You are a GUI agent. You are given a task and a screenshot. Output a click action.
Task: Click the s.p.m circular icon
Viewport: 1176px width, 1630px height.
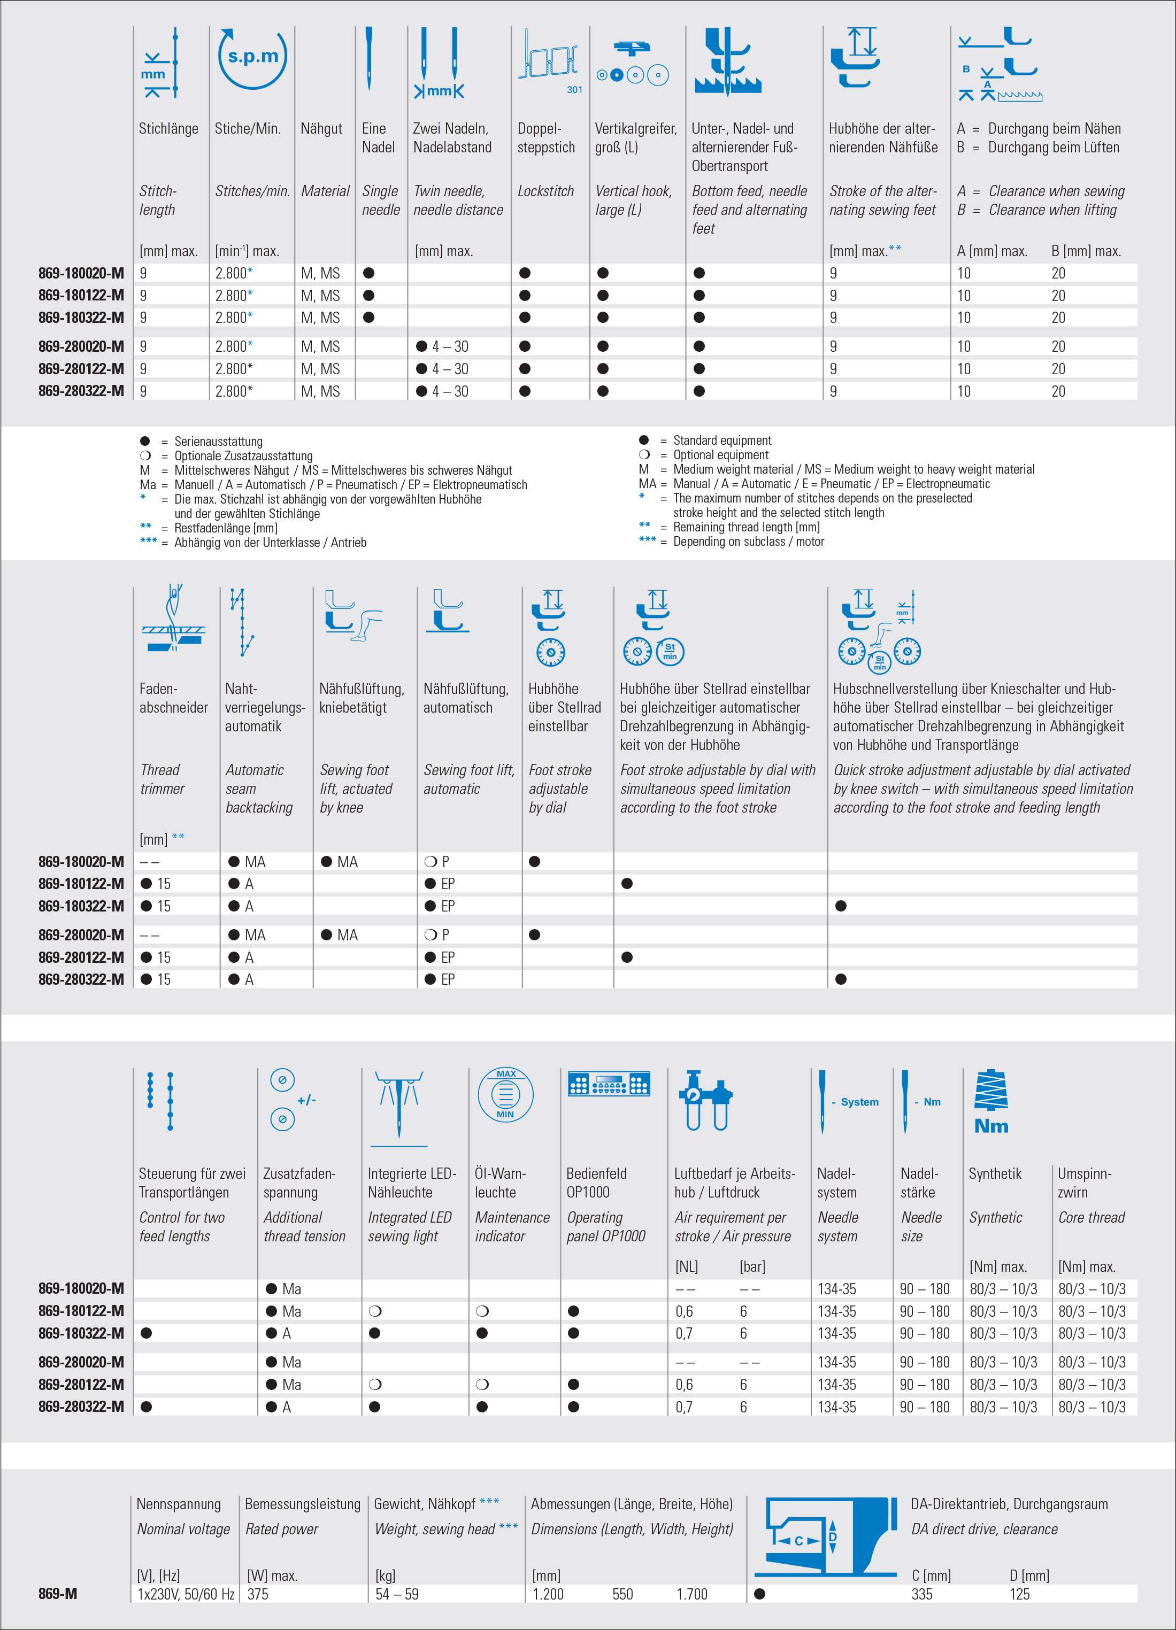point(252,58)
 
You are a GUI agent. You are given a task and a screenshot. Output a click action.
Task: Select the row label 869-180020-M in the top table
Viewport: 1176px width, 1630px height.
point(81,273)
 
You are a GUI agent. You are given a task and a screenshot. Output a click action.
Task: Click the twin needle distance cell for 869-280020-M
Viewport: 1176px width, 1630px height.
point(443,346)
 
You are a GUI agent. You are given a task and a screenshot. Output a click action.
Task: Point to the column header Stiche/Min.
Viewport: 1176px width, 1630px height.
point(247,129)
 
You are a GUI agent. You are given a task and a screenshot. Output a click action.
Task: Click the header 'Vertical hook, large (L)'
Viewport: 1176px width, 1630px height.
point(633,200)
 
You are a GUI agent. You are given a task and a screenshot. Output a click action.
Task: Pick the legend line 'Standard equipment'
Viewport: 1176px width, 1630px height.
point(722,441)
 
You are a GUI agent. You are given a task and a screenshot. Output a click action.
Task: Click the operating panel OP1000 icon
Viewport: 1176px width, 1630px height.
point(609,1084)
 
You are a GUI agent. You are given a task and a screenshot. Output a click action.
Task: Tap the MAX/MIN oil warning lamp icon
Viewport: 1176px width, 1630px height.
point(505,1094)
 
